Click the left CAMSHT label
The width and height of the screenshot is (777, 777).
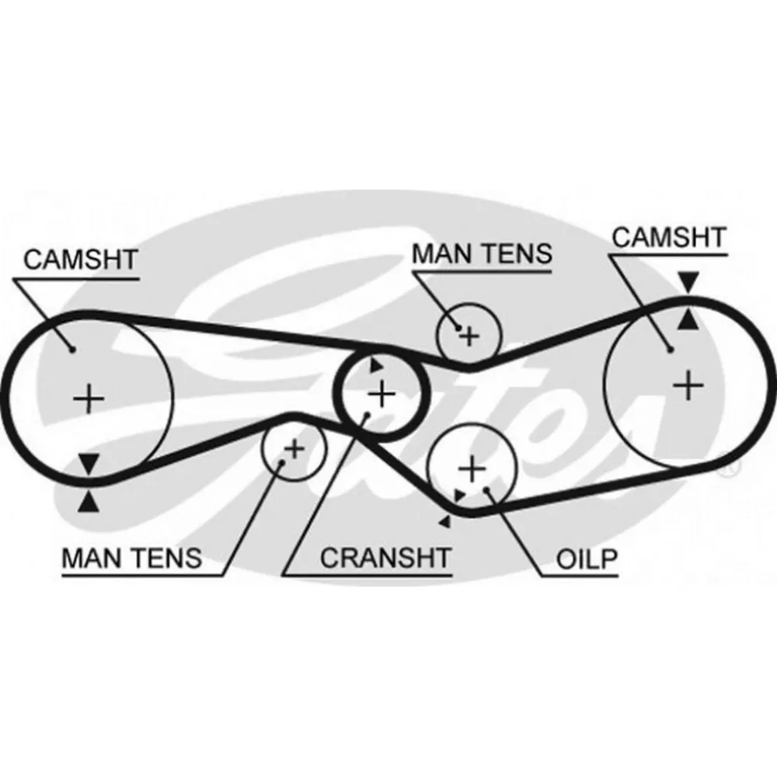(80, 259)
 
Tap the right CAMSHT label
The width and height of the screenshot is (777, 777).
(668, 237)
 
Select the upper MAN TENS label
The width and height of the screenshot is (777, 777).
(481, 253)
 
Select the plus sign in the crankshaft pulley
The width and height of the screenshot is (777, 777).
(381, 395)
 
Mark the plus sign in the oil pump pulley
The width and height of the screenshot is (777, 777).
(470, 469)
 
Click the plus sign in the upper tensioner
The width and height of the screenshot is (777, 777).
(469, 336)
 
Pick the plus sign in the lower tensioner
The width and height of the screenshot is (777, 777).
(294, 448)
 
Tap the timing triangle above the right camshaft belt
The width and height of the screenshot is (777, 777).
(687, 282)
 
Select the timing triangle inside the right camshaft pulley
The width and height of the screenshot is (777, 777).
(687, 318)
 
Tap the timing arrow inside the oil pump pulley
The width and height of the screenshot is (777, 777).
(460, 495)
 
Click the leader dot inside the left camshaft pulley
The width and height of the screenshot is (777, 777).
(71, 349)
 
